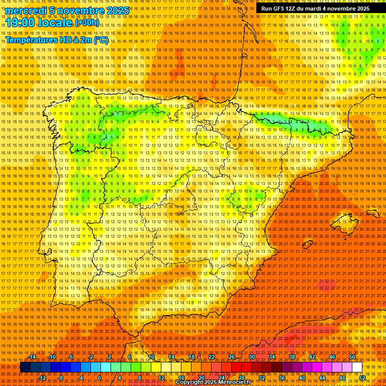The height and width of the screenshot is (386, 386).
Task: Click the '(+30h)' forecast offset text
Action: pos(87,23)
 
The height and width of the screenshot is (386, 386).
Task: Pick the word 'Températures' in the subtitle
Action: pos(35,40)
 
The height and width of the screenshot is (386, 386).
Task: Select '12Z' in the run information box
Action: pos(292,9)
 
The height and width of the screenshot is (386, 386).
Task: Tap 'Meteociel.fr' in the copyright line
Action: pos(235,382)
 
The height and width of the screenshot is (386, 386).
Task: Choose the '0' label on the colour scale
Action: pos(100,378)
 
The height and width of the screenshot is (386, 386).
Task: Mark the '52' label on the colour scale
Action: pos(362,378)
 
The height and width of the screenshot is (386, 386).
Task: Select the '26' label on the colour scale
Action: pos(232,357)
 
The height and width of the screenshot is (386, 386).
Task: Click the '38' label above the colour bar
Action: pos(292,357)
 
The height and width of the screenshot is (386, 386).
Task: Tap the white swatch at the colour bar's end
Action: pos(357,367)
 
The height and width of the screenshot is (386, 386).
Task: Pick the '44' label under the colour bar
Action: pos(322,378)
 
